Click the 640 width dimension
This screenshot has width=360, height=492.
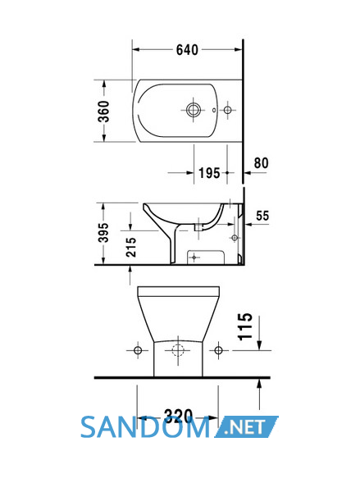pyautogui.click(x=187, y=50)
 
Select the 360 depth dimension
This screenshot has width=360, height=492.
pyautogui.click(x=103, y=111)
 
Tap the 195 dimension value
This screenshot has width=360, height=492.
pyautogui.click(x=209, y=173)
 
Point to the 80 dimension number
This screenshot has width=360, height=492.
pyautogui.click(x=261, y=163)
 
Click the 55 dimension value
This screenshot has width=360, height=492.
pyautogui.click(x=262, y=216)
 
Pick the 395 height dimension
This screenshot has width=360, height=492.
pyautogui.click(x=103, y=233)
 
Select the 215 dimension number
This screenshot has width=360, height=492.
pyautogui.click(x=131, y=247)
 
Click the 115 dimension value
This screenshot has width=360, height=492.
pyautogui.click(x=245, y=326)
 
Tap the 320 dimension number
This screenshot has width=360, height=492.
pyautogui.click(x=178, y=416)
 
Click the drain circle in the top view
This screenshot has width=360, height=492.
pyautogui.click(x=193, y=110)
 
